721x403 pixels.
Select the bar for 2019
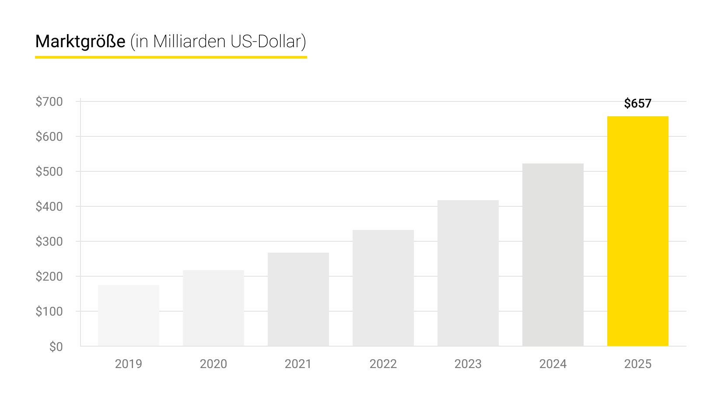pos(128,315)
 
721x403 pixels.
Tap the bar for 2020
pos(213,308)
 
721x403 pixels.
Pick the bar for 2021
pos(298,299)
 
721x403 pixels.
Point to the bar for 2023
pos(468,273)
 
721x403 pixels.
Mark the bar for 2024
pos(553,254)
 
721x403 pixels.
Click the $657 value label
pos(637,104)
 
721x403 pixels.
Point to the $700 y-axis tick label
pos(49,102)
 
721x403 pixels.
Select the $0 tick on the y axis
pos(56,347)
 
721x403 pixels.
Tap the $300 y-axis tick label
pos(49,242)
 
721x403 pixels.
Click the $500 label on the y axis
pos(49,172)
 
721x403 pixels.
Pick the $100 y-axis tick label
pos(49,312)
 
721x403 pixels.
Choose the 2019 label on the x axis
pos(128,364)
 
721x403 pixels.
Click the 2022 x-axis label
pos(383,364)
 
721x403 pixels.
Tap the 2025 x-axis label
pos(637,364)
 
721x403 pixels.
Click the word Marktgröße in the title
pos(80,42)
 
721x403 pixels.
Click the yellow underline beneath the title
pos(171,57)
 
